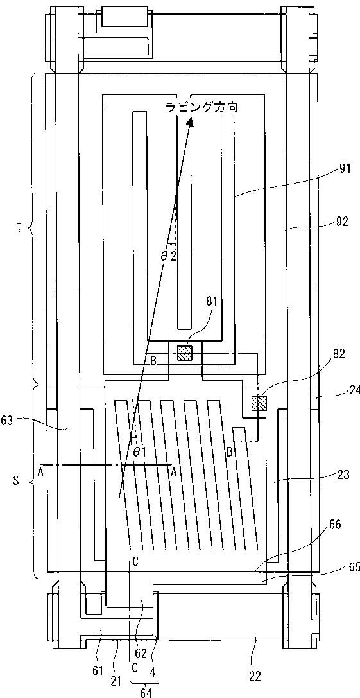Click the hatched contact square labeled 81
pyautogui.click(x=184, y=353)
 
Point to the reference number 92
pyautogui.click(x=343, y=222)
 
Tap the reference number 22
pyautogui.click(x=256, y=676)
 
